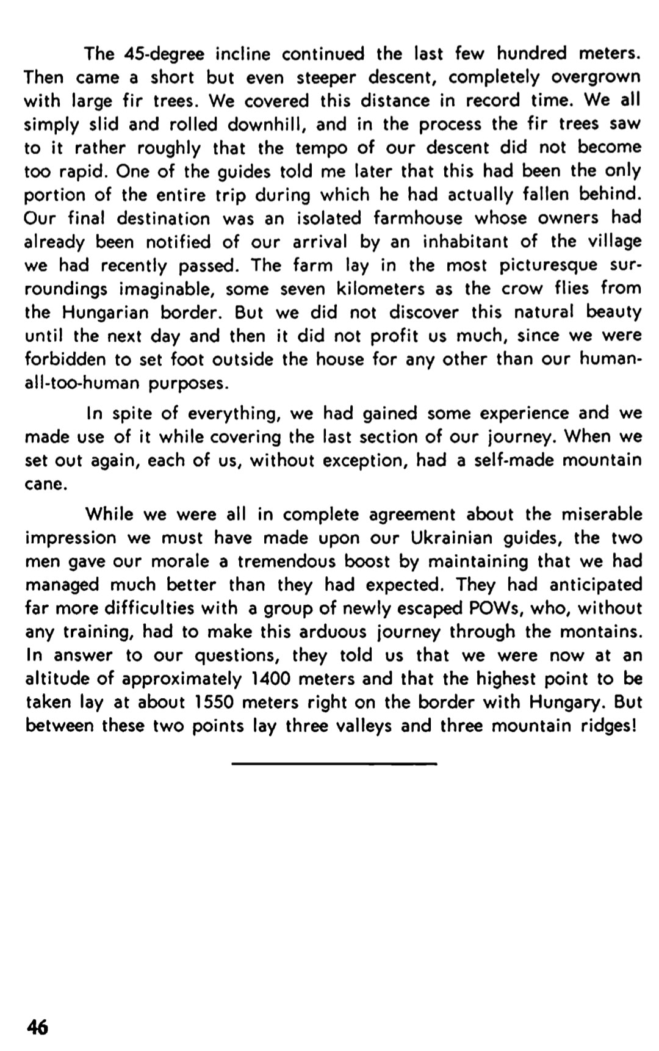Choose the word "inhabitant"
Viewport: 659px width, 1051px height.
click(465, 242)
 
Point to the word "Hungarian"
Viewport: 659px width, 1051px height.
click(105, 313)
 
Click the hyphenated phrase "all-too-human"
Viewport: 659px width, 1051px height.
click(79, 384)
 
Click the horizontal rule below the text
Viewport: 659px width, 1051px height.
click(334, 763)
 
